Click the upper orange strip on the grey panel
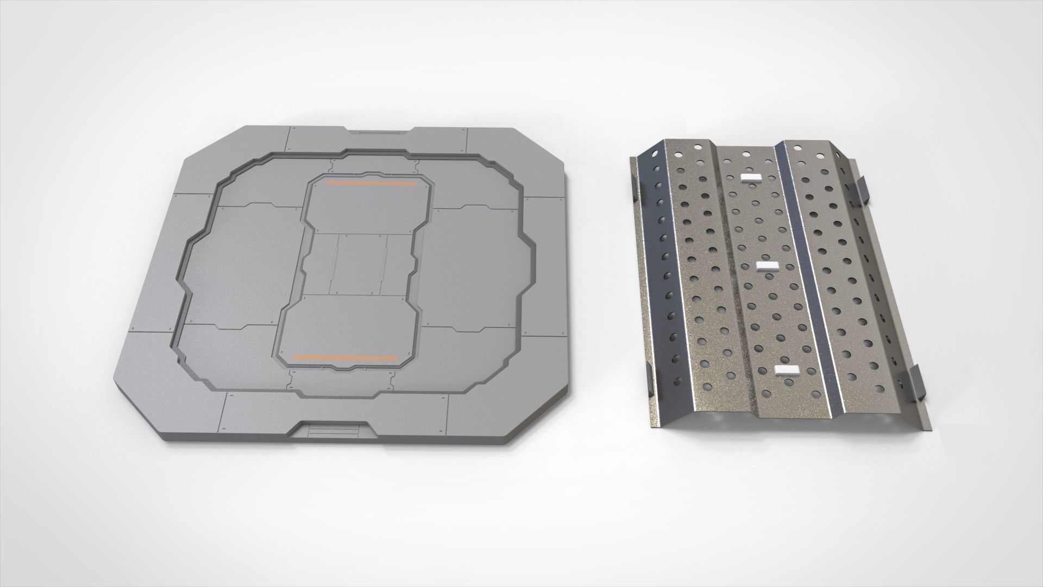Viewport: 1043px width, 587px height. coord(371,184)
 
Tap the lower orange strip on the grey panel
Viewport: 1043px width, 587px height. coord(344,358)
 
